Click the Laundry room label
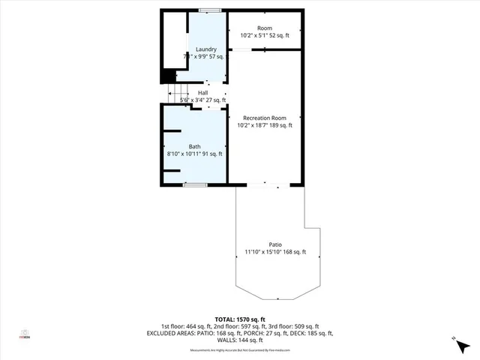[205, 49]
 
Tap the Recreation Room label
[265, 118]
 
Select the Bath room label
[194, 146]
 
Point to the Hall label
[202, 92]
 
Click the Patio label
[275, 244]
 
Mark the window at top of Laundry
[210, 10]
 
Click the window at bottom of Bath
[195, 184]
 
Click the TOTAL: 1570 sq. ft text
[239, 319]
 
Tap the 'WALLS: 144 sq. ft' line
[239, 340]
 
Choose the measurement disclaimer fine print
[239, 349]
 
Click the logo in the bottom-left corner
[25, 334]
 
